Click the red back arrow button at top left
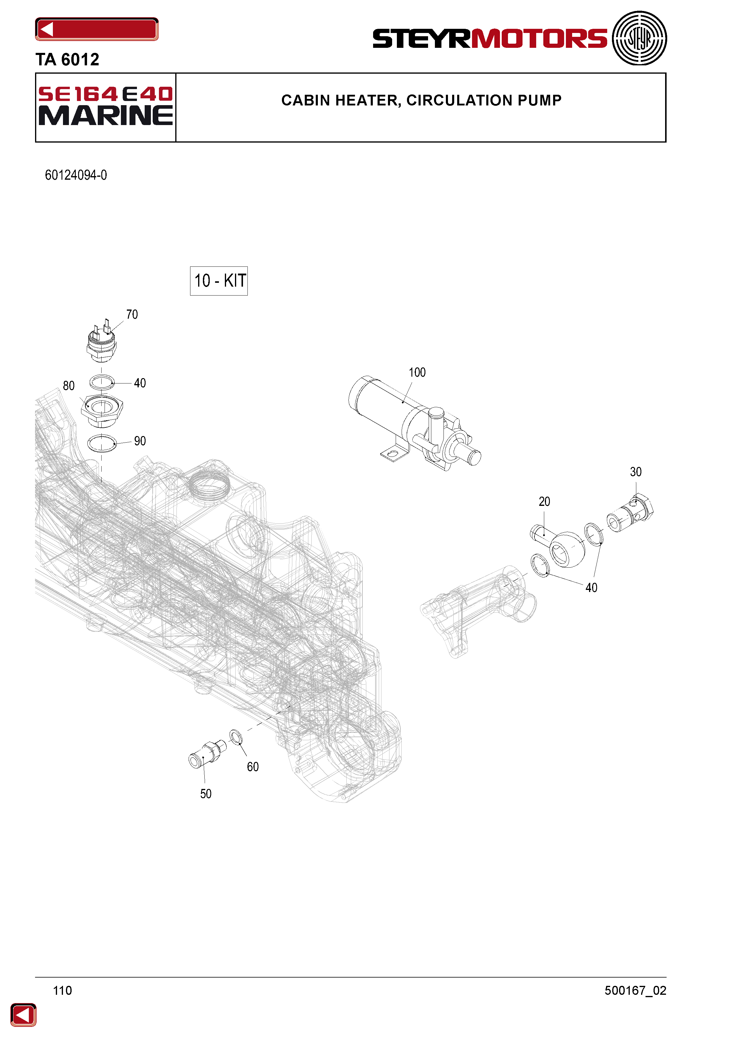[x=97, y=29]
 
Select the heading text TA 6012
[x=67, y=59]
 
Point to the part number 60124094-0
[x=76, y=175]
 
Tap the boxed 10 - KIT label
[x=219, y=281]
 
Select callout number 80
[x=69, y=386]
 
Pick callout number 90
[x=140, y=441]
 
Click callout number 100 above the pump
[x=417, y=372]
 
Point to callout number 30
[x=636, y=472]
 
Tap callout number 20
[x=544, y=501]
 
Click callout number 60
[x=253, y=767]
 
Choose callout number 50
[x=206, y=794]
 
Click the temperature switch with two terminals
[x=102, y=341]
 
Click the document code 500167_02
[x=635, y=991]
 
